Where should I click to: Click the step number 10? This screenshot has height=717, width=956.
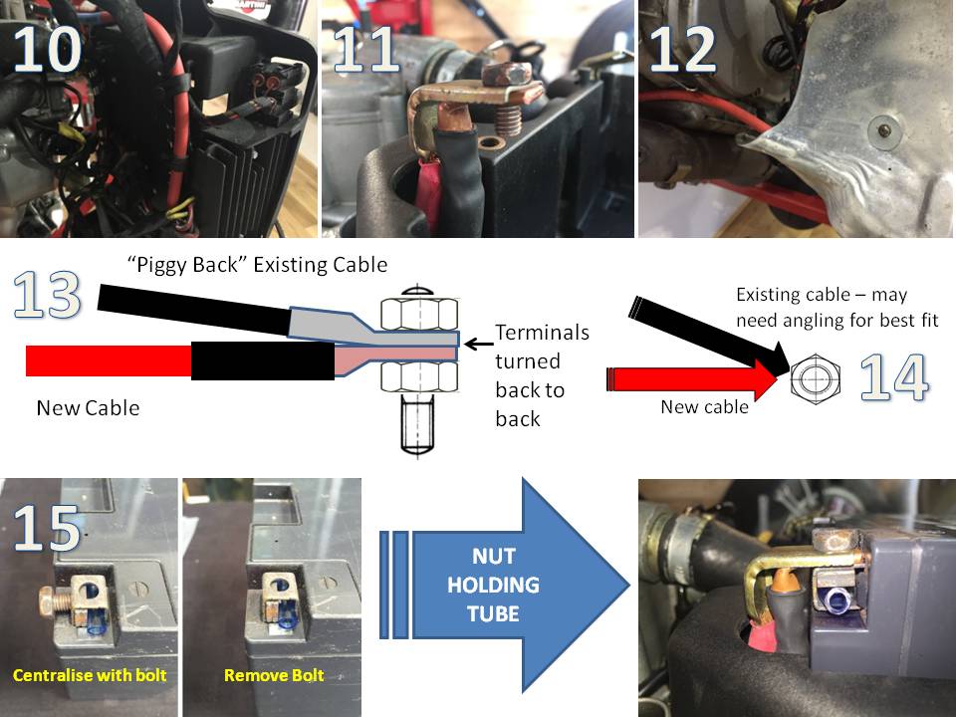tap(47, 50)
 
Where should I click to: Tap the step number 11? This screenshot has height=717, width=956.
tap(366, 50)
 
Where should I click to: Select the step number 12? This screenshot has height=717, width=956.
tap(683, 50)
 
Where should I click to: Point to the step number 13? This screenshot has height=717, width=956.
tap(47, 295)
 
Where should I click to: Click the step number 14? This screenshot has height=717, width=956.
tap(894, 377)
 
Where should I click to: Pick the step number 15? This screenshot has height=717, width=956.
tap(47, 528)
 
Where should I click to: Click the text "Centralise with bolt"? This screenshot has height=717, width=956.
tap(90, 675)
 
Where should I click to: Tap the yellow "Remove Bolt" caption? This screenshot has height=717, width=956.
tap(274, 675)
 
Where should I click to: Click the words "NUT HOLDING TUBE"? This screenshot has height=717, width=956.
tap(493, 585)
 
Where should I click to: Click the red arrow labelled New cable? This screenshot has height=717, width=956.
tap(692, 379)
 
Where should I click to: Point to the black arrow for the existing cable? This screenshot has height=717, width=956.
tap(710, 336)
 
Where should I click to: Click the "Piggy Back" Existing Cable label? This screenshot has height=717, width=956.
tap(257, 265)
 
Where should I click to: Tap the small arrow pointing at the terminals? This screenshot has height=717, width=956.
tap(478, 345)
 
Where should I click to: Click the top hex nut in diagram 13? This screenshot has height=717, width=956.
tap(419, 313)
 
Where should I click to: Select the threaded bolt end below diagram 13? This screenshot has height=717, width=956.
tap(418, 425)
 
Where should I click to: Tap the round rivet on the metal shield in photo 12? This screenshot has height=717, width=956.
tap(882, 129)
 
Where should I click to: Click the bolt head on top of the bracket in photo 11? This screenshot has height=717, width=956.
tap(507, 75)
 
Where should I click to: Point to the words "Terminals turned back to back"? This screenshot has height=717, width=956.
tap(542, 375)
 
